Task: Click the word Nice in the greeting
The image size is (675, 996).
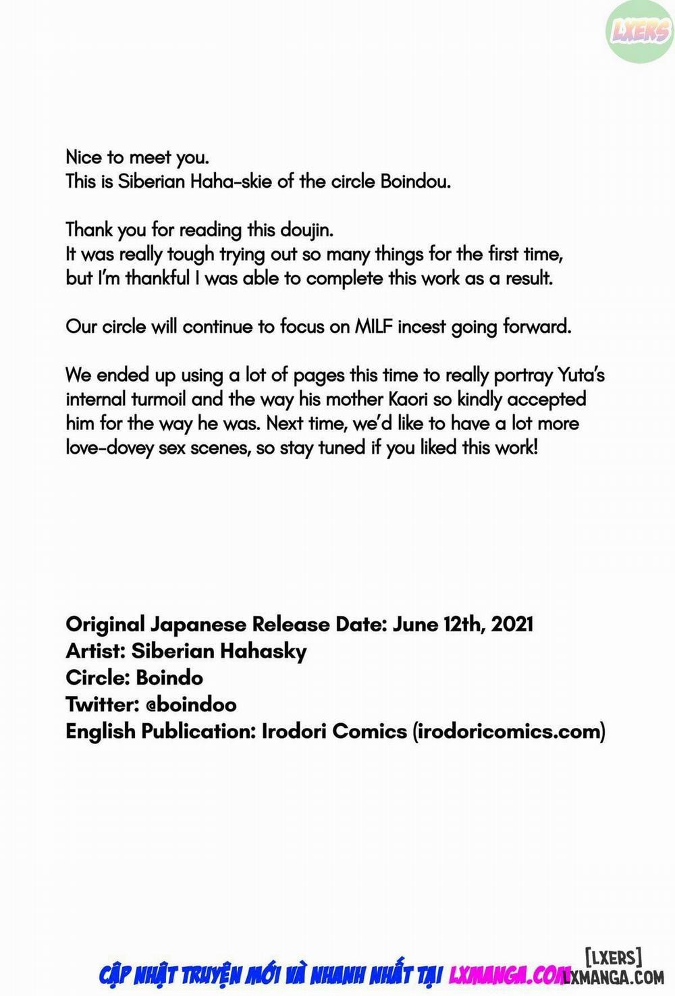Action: click(x=84, y=157)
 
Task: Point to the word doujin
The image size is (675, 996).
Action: click(x=306, y=230)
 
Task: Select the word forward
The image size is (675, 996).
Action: click(x=537, y=327)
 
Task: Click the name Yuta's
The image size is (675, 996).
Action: click(x=580, y=375)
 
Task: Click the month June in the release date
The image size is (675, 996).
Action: click(x=414, y=624)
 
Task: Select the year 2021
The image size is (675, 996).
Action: click(x=512, y=624)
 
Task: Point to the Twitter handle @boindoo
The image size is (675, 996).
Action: click(x=191, y=705)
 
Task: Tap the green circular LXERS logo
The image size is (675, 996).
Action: click(x=640, y=31)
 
